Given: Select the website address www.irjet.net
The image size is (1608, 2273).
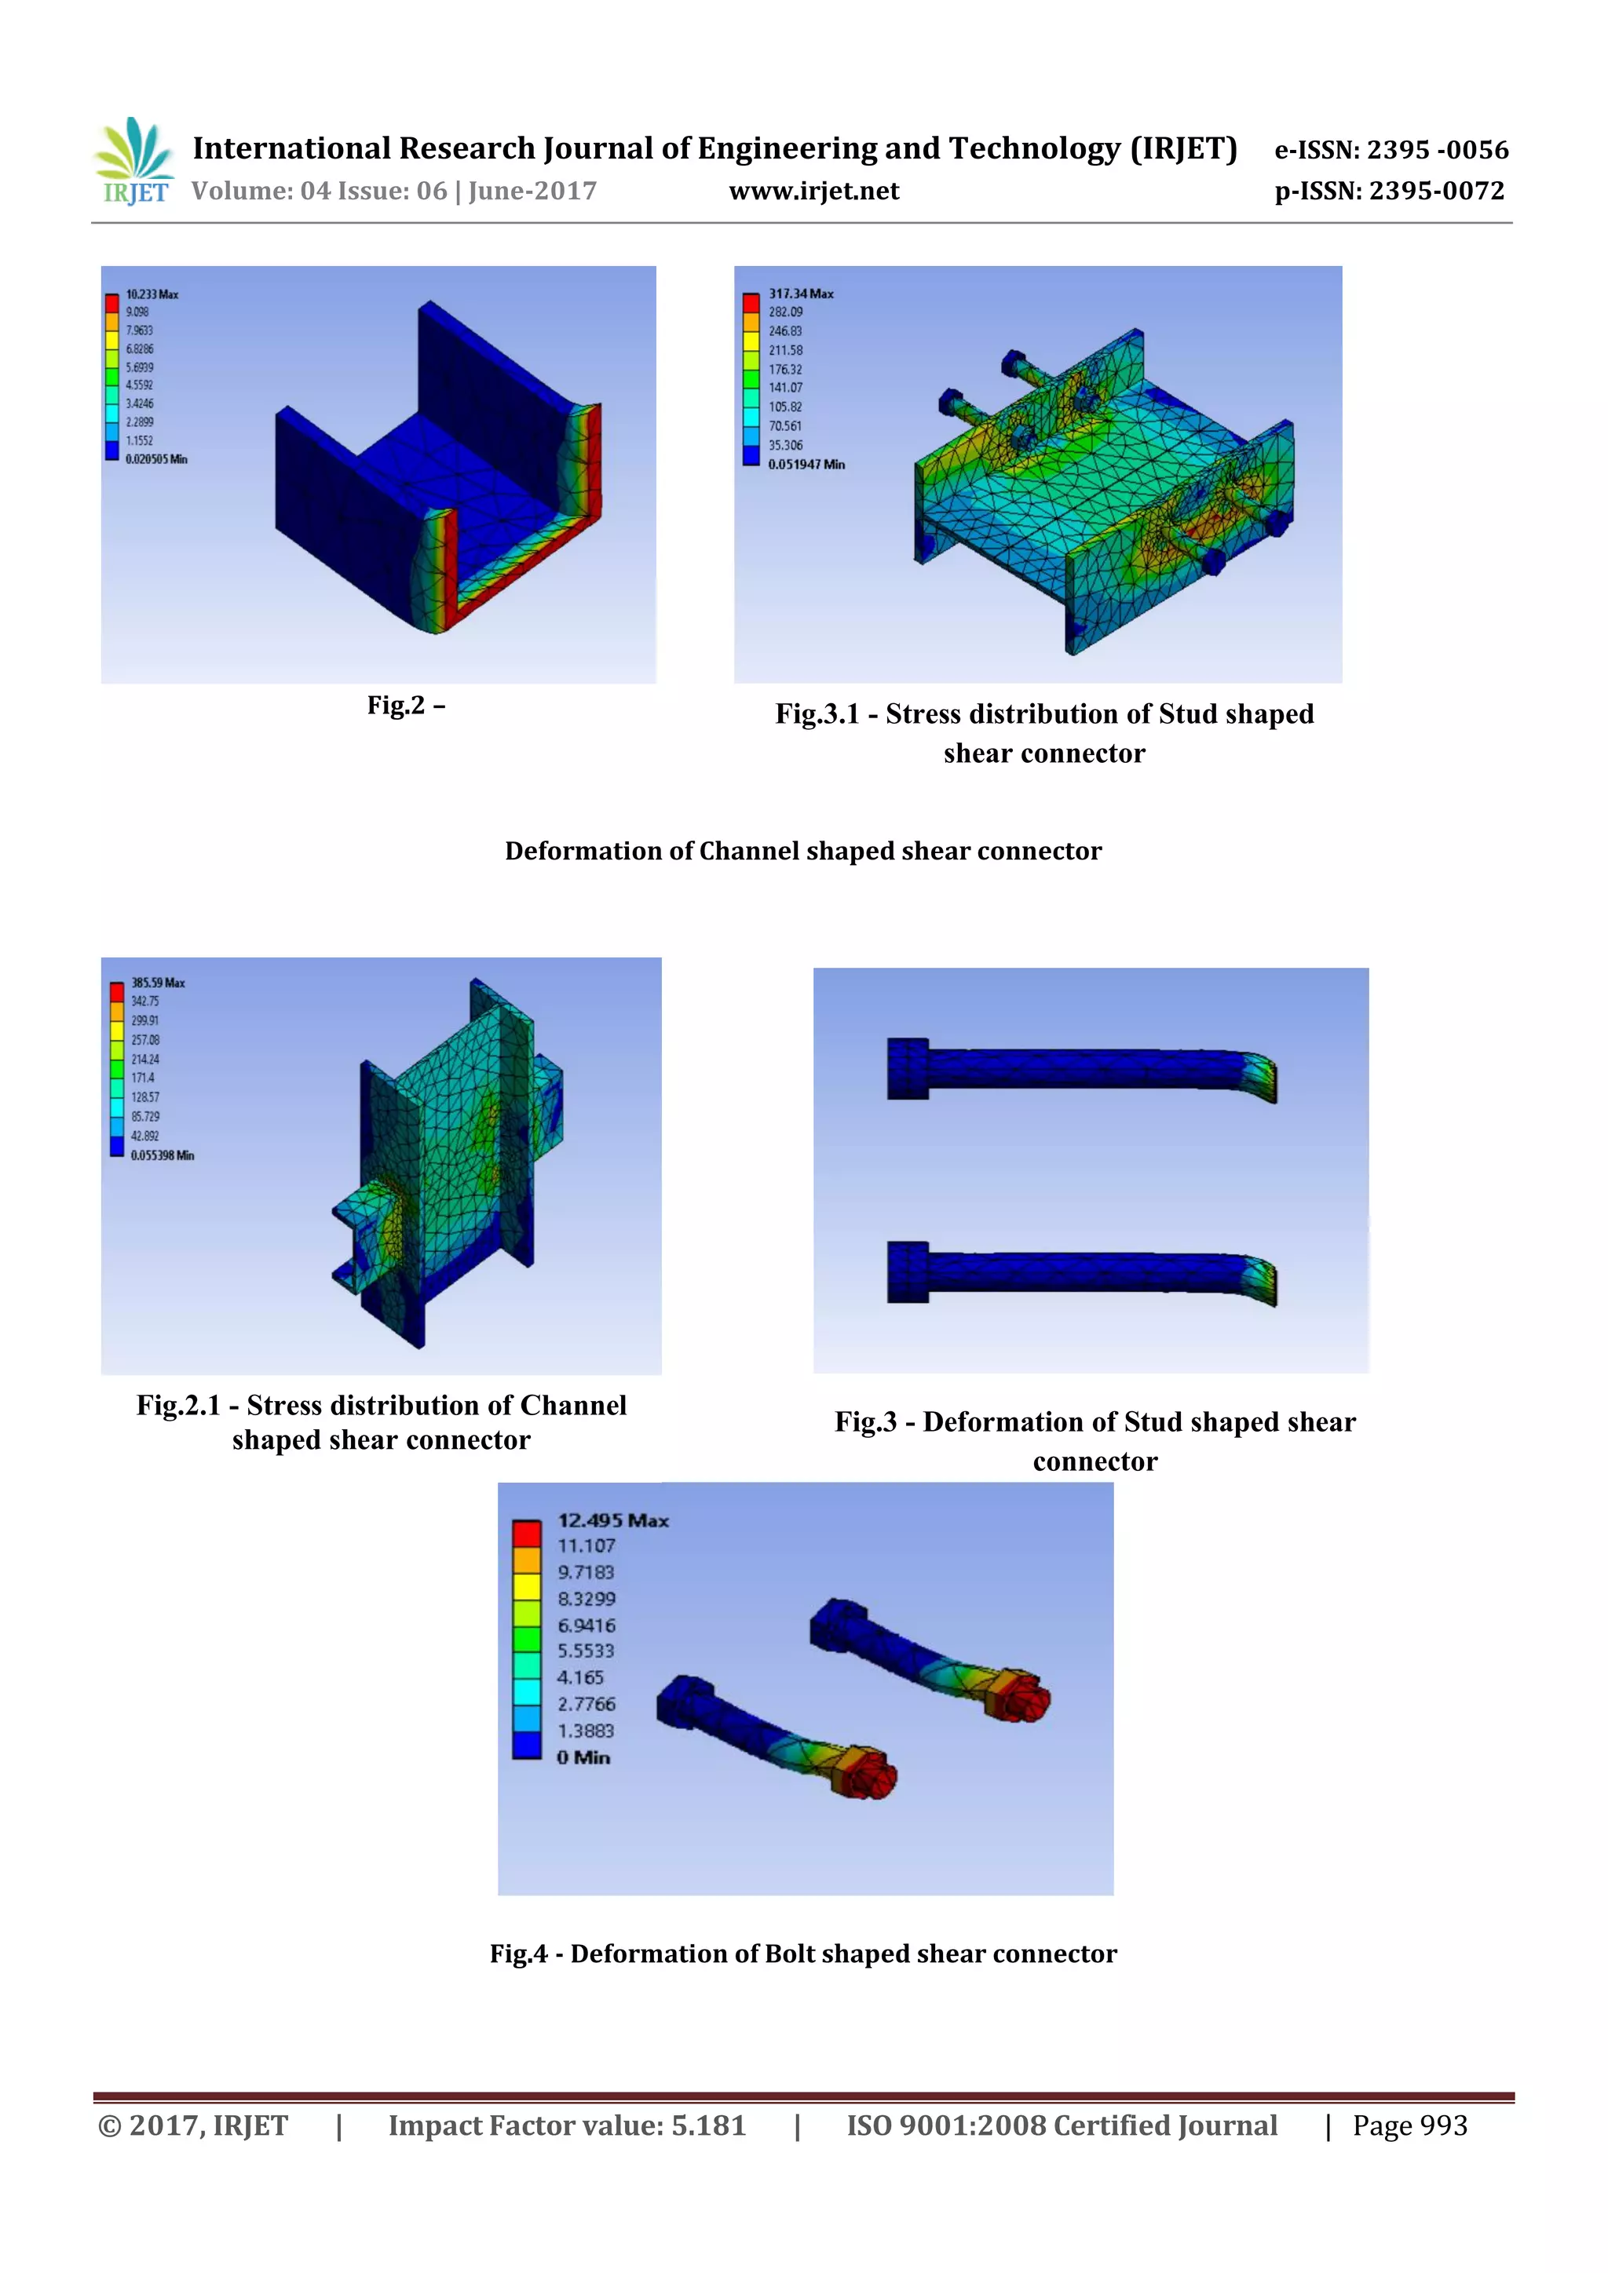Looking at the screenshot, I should coord(814,191).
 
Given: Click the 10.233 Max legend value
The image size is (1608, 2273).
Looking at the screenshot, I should coord(152,294).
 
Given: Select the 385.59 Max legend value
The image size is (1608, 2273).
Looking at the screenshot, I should coord(158,983).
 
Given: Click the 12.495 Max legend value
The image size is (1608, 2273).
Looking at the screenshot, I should coord(613,1520).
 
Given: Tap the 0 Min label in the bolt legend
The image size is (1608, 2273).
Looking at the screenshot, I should coord(583,1757).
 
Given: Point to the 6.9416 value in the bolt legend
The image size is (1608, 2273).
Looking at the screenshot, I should coord(587,1625).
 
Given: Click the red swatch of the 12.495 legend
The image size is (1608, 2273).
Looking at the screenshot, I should coord(527,1534).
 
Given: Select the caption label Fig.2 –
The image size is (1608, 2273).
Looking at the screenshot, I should coord(406,705).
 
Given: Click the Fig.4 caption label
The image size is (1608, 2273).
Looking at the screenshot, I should coord(519,1954).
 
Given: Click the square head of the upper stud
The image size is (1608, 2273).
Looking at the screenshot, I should coord(908,1068).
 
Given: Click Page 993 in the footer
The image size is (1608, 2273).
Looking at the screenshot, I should coord(1410,2125).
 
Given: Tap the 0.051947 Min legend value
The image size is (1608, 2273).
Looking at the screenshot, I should coord(806,465).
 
